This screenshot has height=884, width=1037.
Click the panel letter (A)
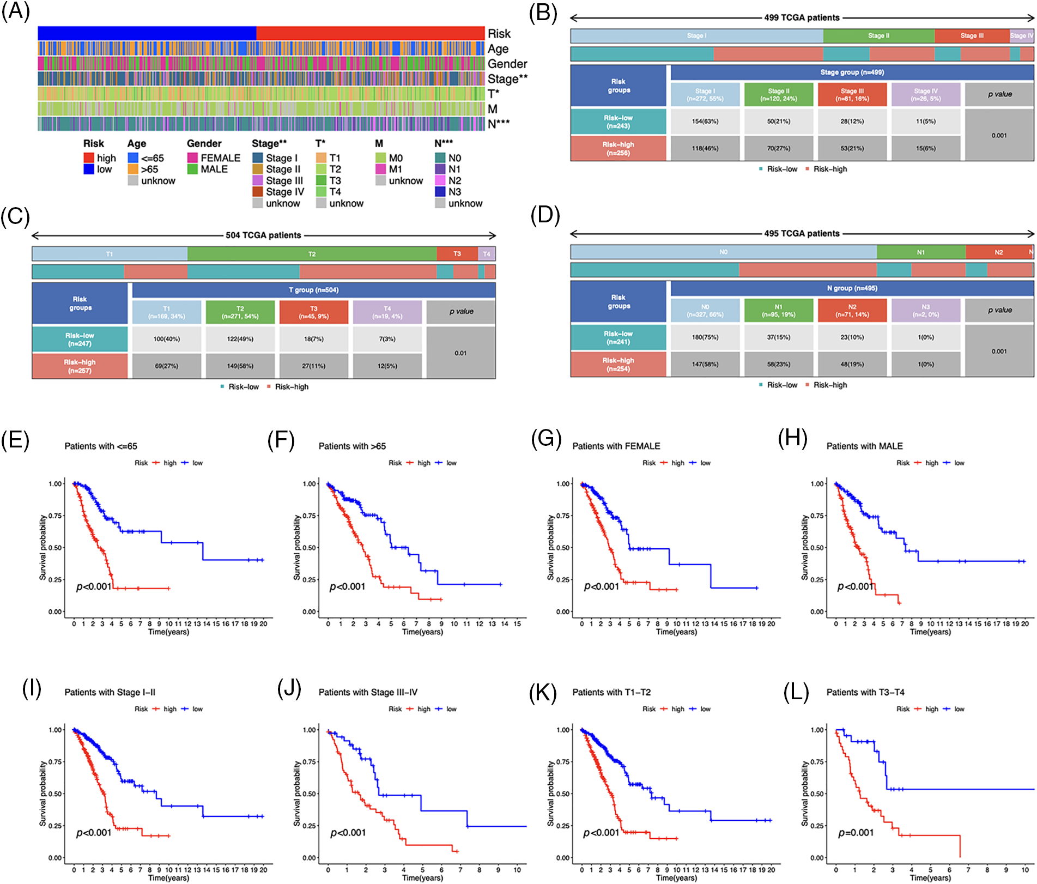15,11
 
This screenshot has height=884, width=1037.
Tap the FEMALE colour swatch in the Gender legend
192,158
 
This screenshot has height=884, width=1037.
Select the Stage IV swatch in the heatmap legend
258,192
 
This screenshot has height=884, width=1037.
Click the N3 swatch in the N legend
440,192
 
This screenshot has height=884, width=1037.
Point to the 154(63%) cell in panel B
705,122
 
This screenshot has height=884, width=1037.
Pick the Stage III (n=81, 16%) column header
852,95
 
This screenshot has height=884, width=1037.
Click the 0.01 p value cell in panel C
460,353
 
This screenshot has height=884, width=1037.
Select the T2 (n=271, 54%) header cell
240,312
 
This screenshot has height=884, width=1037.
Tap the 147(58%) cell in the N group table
705,364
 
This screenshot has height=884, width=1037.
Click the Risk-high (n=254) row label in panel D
618,364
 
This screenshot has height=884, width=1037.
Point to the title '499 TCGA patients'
802,17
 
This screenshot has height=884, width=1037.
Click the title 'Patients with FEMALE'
616,446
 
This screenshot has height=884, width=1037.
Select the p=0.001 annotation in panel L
856,833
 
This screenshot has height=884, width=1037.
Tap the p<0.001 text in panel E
94,586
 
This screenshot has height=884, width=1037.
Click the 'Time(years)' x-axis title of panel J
422,877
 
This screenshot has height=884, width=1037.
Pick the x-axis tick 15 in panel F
517,623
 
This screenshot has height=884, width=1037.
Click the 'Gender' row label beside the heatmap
507,64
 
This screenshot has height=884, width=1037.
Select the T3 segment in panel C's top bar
457,253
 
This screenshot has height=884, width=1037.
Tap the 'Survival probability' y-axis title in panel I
43,794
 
